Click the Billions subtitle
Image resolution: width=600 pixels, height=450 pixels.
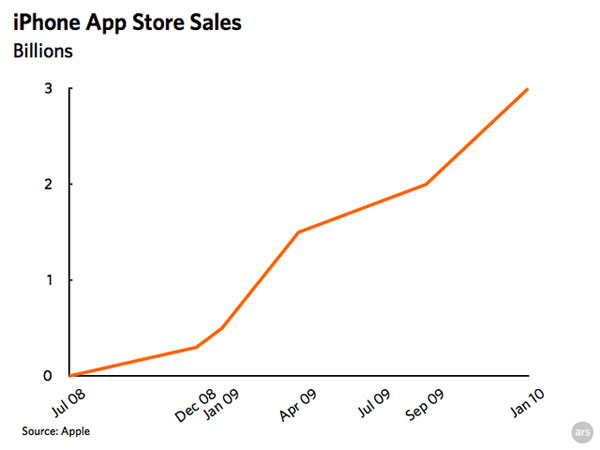(42, 51)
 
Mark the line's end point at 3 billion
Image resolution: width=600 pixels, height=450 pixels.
(527, 89)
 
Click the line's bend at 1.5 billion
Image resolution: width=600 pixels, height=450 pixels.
(297, 232)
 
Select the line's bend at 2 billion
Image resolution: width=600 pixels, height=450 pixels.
(426, 184)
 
